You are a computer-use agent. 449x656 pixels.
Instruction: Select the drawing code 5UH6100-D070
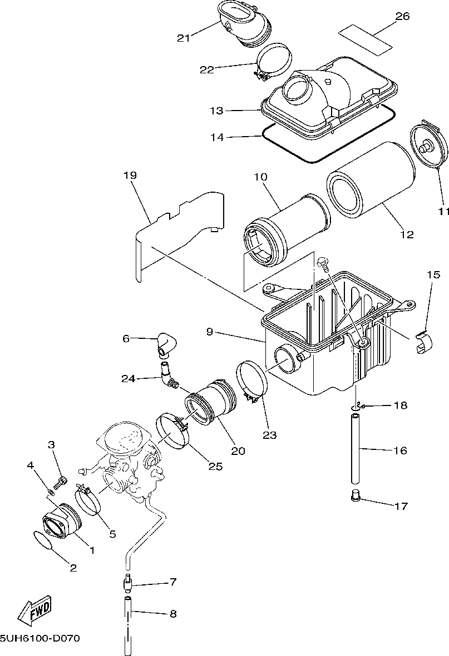click(x=40, y=639)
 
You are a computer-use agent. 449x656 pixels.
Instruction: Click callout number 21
click(x=184, y=37)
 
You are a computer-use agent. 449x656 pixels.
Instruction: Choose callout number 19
click(x=130, y=176)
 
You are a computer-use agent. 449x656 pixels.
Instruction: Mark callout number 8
click(x=172, y=614)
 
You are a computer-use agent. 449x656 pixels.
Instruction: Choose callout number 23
click(x=269, y=435)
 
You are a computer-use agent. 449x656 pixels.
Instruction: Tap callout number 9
click(x=209, y=332)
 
